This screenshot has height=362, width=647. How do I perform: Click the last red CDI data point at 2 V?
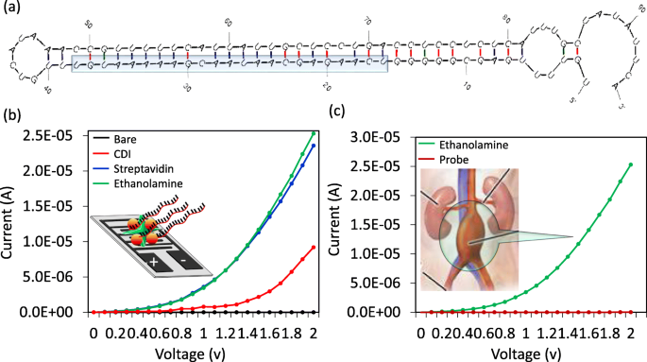pyautogui.click(x=313, y=248)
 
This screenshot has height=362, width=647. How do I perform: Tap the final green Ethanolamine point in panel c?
pyautogui.click(x=630, y=164)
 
